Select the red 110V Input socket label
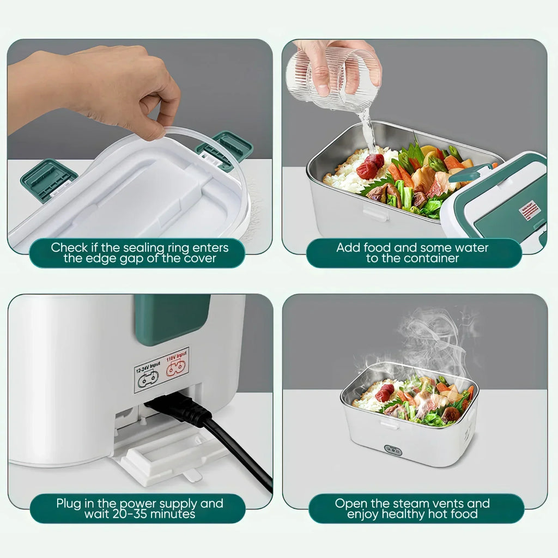[177, 363]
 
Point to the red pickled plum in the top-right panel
[371, 166]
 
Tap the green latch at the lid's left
[48, 179]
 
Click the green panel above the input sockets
[172, 319]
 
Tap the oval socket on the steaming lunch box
[393, 450]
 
